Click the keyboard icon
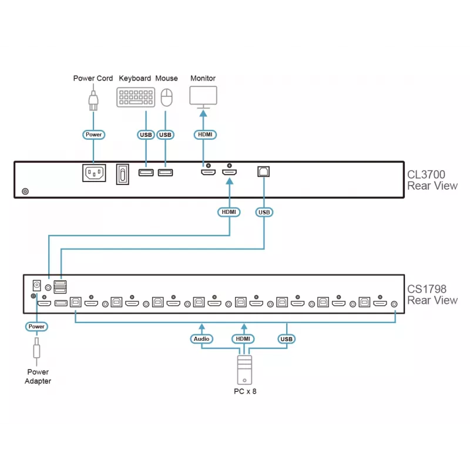coord(136,97)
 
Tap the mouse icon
coord(167,98)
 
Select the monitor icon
coord(203,97)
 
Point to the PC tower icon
coord(244,370)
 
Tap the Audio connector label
coord(202,339)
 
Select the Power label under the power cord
coord(93,135)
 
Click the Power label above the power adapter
coord(36,327)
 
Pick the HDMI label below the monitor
coord(205,135)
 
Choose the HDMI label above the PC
coord(243,339)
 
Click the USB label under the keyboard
coord(146,135)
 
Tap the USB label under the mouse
coord(165,135)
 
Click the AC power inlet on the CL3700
coord(94,173)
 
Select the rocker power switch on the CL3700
coord(123,174)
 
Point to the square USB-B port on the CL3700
coord(263,172)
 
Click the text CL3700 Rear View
coord(432,180)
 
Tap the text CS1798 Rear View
coord(432,295)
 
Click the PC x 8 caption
coord(245,391)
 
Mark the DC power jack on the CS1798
coord(36,286)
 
